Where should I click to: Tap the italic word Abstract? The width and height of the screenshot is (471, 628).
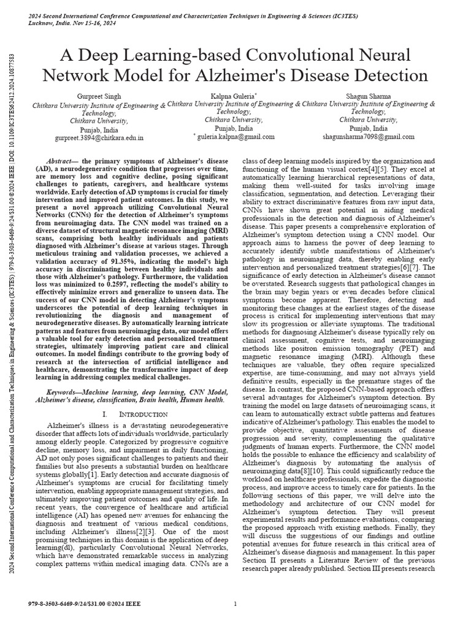[61, 161]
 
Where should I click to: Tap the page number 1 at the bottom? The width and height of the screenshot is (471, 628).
[235, 604]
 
